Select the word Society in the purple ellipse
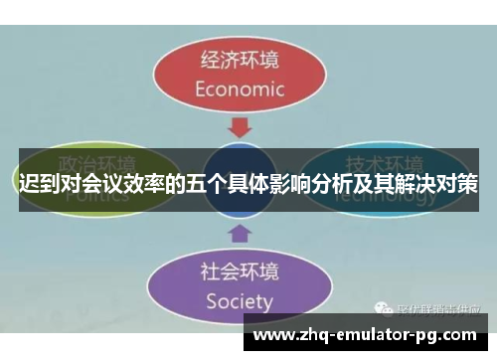coord(240,299)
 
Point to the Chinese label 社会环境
coord(240,270)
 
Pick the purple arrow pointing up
coord(241,234)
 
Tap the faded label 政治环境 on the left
coord(95,164)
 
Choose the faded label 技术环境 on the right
coord(384,164)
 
